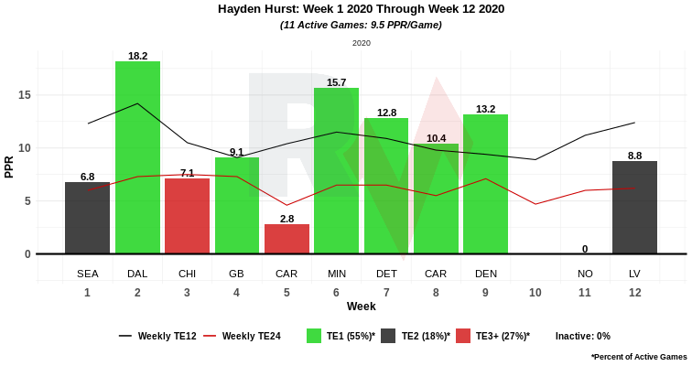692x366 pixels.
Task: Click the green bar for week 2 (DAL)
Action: click(137, 157)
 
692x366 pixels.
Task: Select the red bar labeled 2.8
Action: click(287, 239)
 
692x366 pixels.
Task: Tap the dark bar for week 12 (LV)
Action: click(634, 208)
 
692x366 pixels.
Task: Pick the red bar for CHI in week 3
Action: click(187, 216)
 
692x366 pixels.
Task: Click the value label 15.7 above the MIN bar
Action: click(336, 82)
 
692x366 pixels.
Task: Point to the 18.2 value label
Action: click(137, 56)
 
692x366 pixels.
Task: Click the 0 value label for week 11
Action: click(585, 249)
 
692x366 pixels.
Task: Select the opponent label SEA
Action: click(87, 274)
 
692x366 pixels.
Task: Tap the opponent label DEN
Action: click(486, 274)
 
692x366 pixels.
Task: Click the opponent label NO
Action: click(585, 274)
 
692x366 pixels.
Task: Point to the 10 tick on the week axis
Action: click(535, 293)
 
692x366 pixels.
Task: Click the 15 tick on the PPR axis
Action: click(25, 95)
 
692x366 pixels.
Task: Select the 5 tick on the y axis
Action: click(27, 201)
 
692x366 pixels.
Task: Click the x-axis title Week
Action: click(361, 307)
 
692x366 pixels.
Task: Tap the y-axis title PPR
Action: click(9, 167)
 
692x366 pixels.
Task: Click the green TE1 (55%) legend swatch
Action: click(314, 336)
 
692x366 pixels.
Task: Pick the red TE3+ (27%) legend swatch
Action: click(463, 336)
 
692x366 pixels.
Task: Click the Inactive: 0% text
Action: click(582, 336)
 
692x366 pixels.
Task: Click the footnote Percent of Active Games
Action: click(639, 356)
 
